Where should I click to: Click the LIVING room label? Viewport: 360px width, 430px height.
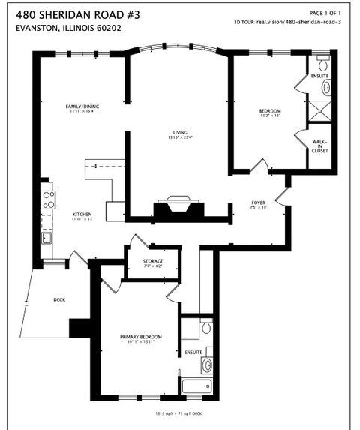tap(180, 132)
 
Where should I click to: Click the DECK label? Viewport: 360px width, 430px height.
tap(59, 299)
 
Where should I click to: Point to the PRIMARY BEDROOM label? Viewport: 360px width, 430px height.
tap(141, 337)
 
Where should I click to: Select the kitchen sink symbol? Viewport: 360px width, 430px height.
tap(46, 238)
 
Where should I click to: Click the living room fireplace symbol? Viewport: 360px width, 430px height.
tap(179, 206)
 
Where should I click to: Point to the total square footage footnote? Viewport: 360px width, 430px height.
tap(172, 413)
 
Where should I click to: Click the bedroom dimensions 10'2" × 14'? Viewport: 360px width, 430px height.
tap(269, 116)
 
